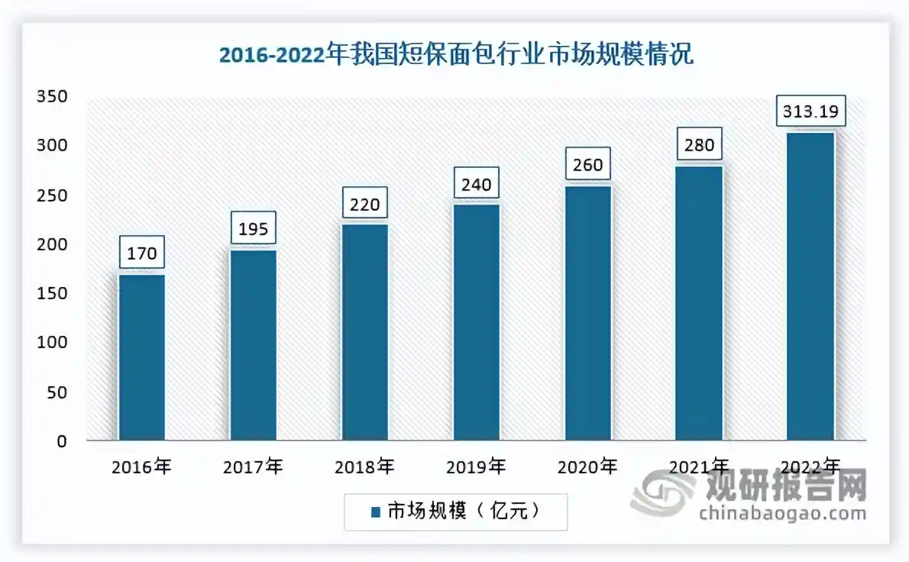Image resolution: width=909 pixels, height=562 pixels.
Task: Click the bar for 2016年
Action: click(x=141, y=357)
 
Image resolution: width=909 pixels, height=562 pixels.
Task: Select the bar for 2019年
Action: click(x=477, y=322)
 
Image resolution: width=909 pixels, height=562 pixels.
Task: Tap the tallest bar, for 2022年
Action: click(x=810, y=287)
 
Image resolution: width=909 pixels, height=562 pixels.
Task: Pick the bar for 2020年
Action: click(x=588, y=313)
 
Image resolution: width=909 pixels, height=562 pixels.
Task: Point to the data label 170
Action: click(x=141, y=252)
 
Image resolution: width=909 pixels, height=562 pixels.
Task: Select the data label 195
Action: click(x=253, y=228)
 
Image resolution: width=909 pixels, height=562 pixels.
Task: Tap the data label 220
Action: click(x=365, y=203)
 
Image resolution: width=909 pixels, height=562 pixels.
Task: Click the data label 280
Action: click(x=700, y=144)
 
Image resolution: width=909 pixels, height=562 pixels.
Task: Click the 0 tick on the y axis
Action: click(x=63, y=441)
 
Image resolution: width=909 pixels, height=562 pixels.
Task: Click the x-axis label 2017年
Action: click(x=253, y=467)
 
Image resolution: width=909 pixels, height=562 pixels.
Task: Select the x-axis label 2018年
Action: click(x=365, y=467)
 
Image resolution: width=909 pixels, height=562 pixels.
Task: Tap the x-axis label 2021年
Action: click(x=700, y=467)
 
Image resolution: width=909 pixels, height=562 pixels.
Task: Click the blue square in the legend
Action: click(x=375, y=512)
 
